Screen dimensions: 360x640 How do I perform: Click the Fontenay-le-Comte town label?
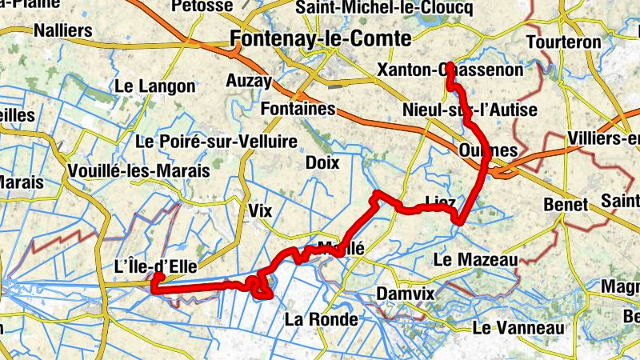pyautogui.click(x=320, y=38)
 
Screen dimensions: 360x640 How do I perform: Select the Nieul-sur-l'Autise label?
pyautogui.click(x=470, y=110)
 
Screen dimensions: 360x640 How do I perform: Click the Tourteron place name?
pyautogui.click(x=564, y=42)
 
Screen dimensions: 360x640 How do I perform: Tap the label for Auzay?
pyautogui.click(x=249, y=80)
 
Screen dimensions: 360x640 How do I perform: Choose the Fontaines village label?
pyautogui.click(x=298, y=107)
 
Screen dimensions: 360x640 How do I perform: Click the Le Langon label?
pyautogui.click(x=155, y=86)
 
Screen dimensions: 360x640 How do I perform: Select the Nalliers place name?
pyautogui.click(x=64, y=31)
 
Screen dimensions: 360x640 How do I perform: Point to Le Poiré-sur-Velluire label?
pyautogui.click(x=217, y=142)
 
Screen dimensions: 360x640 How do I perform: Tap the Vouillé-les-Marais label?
pyautogui.click(x=139, y=170)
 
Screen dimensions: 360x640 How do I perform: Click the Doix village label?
pyautogui.click(x=322, y=162)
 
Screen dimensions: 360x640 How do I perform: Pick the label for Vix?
pyautogui.click(x=261, y=210)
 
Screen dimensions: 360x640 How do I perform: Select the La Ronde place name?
pyautogui.click(x=321, y=320)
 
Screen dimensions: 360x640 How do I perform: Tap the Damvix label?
pyautogui.click(x=405, y=294)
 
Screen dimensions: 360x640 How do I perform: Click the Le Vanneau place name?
pyautogui.click(x=518, y=328)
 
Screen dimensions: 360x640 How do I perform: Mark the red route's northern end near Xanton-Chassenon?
pyautogui.click(x=450, y=64)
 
